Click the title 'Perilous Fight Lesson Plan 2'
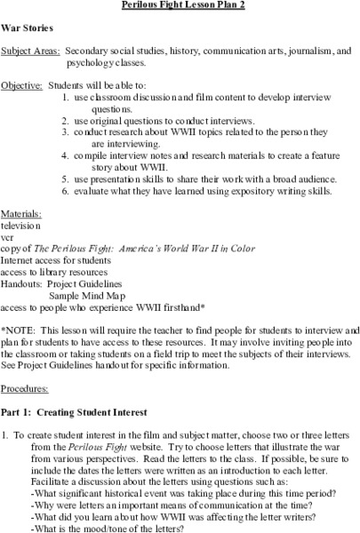[x=180, y=6]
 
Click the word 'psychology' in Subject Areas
[x=92, y=64]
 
